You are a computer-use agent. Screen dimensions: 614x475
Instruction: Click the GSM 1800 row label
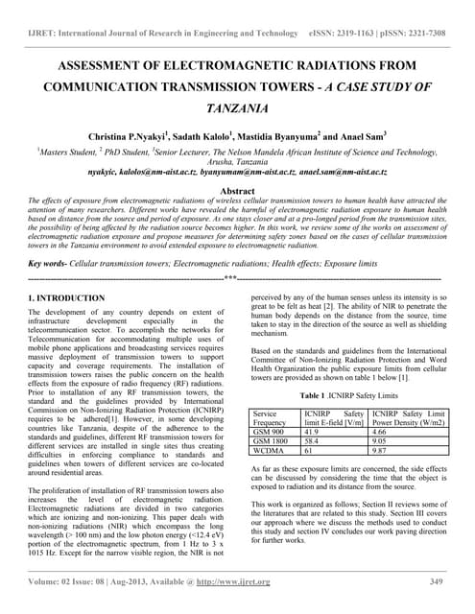[x=273, y=442]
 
